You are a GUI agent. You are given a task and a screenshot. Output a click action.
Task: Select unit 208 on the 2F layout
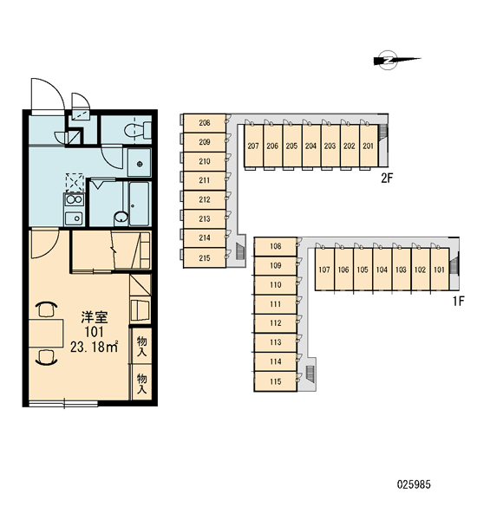click(205, 123)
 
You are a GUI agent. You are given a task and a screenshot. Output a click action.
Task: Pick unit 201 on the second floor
click(369, 146)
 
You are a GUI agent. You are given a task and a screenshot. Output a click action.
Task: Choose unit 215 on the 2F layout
click(205, 257)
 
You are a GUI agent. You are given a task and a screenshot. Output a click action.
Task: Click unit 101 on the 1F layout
click(440, 270)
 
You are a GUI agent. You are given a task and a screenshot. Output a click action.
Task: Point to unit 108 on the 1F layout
click(276, 246)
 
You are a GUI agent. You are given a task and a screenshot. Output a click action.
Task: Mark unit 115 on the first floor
click(276, 381)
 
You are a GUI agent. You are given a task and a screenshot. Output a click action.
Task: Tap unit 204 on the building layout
click(311, 146)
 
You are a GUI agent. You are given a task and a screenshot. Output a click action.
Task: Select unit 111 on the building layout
click(276, 304)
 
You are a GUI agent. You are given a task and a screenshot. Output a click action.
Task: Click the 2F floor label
click(387, 179)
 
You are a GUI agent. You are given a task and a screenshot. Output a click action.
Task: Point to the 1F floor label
click(458, 302)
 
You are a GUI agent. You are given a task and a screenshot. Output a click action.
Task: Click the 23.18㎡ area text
click(95, 347)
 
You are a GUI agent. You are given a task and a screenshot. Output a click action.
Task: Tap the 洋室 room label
click(95, 317)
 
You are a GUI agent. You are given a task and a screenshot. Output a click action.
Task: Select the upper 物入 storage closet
click(141, 346)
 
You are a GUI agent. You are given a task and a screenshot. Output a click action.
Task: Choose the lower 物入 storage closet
click(141, 382)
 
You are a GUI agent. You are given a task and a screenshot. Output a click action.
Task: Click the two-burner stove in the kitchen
click(75, 200)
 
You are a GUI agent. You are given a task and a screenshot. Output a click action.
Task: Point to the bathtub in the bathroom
click(140, 204)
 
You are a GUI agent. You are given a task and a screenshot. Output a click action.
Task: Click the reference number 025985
click(414, 484)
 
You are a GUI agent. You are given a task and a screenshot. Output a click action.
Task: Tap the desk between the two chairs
click(46, 334)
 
